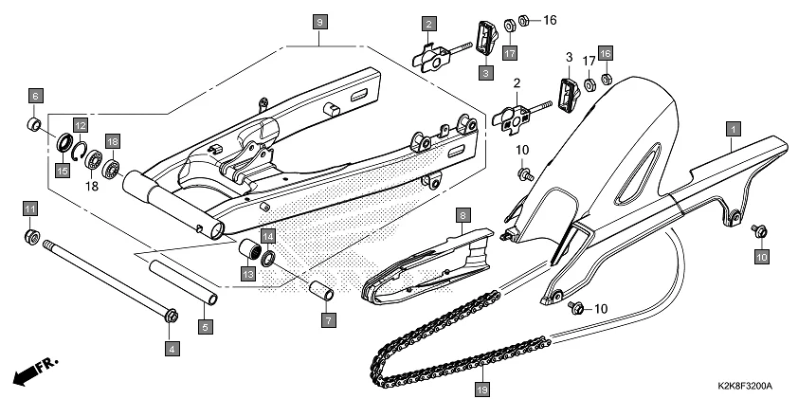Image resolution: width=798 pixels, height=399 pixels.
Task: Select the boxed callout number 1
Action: click(733, 126)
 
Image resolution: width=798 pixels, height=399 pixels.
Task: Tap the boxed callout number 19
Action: click(481, 388)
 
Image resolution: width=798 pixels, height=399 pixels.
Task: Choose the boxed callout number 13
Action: click(247, 274)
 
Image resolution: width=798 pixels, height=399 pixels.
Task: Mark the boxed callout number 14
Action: click(268, 236)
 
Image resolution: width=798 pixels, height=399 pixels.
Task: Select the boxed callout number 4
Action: click(172, 349)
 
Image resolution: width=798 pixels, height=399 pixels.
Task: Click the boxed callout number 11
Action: click(29, 209)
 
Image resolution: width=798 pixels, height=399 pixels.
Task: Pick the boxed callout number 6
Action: click(34, 96)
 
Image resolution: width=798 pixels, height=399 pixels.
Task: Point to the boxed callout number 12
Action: click(81, 125)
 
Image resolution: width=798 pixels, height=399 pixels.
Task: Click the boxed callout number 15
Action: click(62, 171)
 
